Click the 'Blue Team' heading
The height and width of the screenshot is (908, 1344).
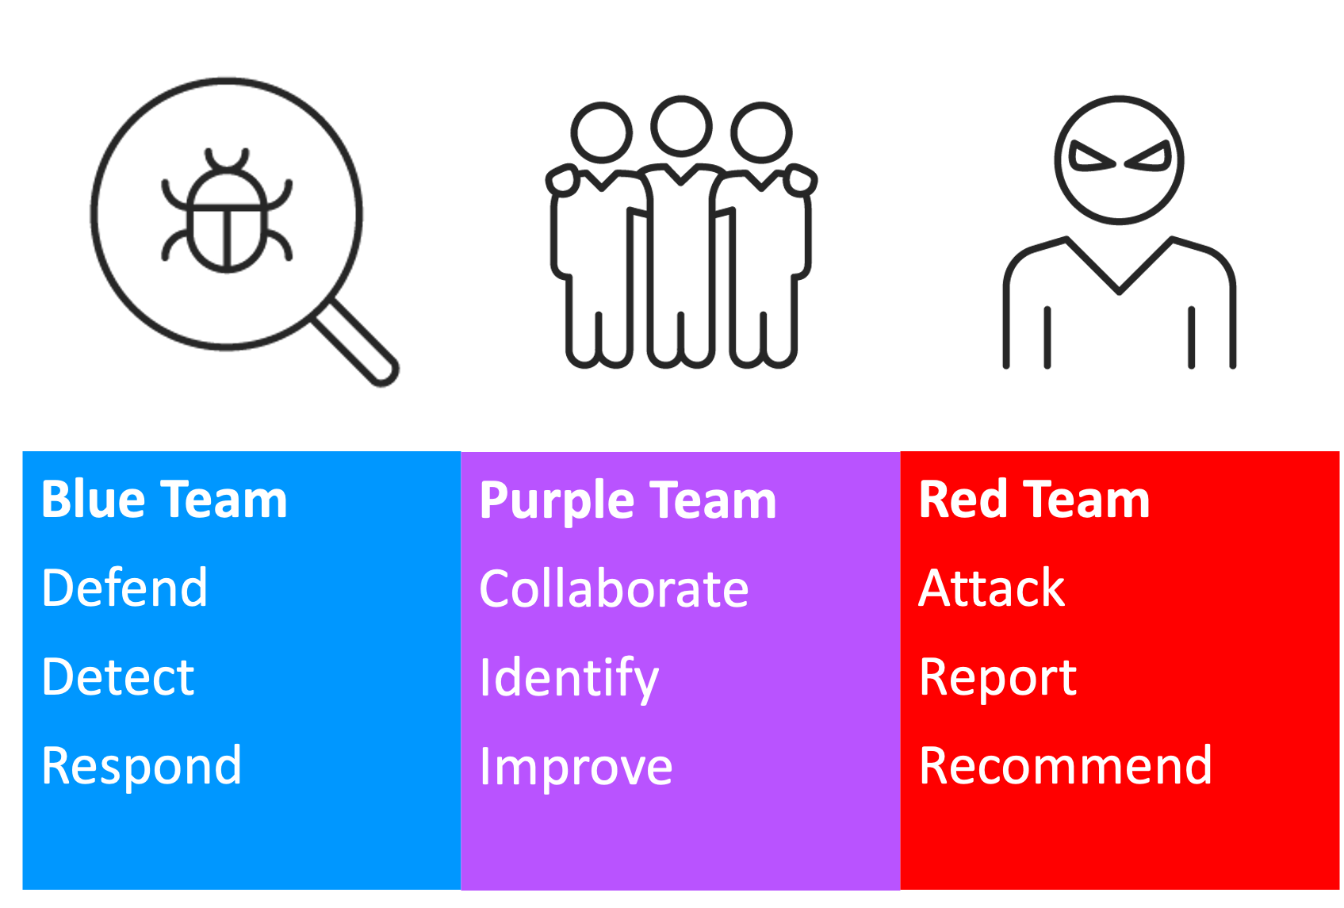tap(164, 500)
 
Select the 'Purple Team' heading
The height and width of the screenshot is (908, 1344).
tap(628, 502)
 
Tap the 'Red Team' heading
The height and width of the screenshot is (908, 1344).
tap(1035, 500)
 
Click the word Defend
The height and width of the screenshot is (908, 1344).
tap(124, 588)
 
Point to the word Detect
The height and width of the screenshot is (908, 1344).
tap(118, 676)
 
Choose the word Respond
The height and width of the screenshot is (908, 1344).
tap(142, 766)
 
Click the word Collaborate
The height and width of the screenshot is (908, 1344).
tap(615, 588)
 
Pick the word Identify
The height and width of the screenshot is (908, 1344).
tap(569, 678)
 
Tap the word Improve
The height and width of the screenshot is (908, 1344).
tap(576, 768)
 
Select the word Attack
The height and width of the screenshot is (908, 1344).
tap(992, 588)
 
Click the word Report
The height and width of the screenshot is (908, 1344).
tap(998, 678)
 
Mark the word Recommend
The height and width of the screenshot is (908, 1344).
tap(1066, 766)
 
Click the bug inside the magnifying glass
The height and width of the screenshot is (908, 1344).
tap(227, 210)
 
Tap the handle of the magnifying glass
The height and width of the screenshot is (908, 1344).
tap(354, 342)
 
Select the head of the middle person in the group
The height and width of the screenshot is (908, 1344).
tap(682, 127)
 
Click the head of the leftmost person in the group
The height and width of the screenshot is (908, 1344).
tap(601, 132)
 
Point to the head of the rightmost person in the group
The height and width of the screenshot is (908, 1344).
tap(761, 132)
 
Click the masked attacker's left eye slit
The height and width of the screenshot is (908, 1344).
tap(1091, 157)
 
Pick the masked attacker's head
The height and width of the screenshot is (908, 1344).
tap(1119, 160)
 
